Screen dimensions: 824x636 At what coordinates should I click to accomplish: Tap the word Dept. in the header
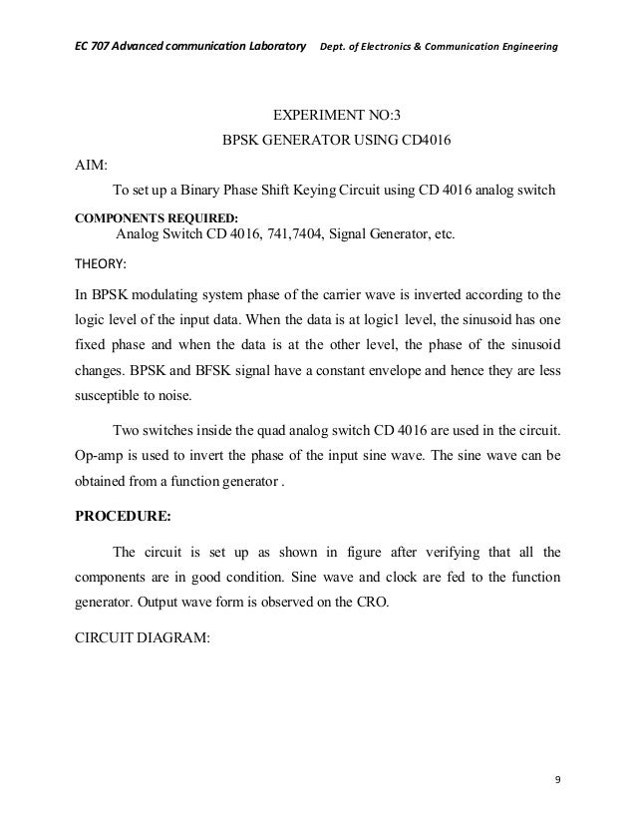click(x=332, y=49)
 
